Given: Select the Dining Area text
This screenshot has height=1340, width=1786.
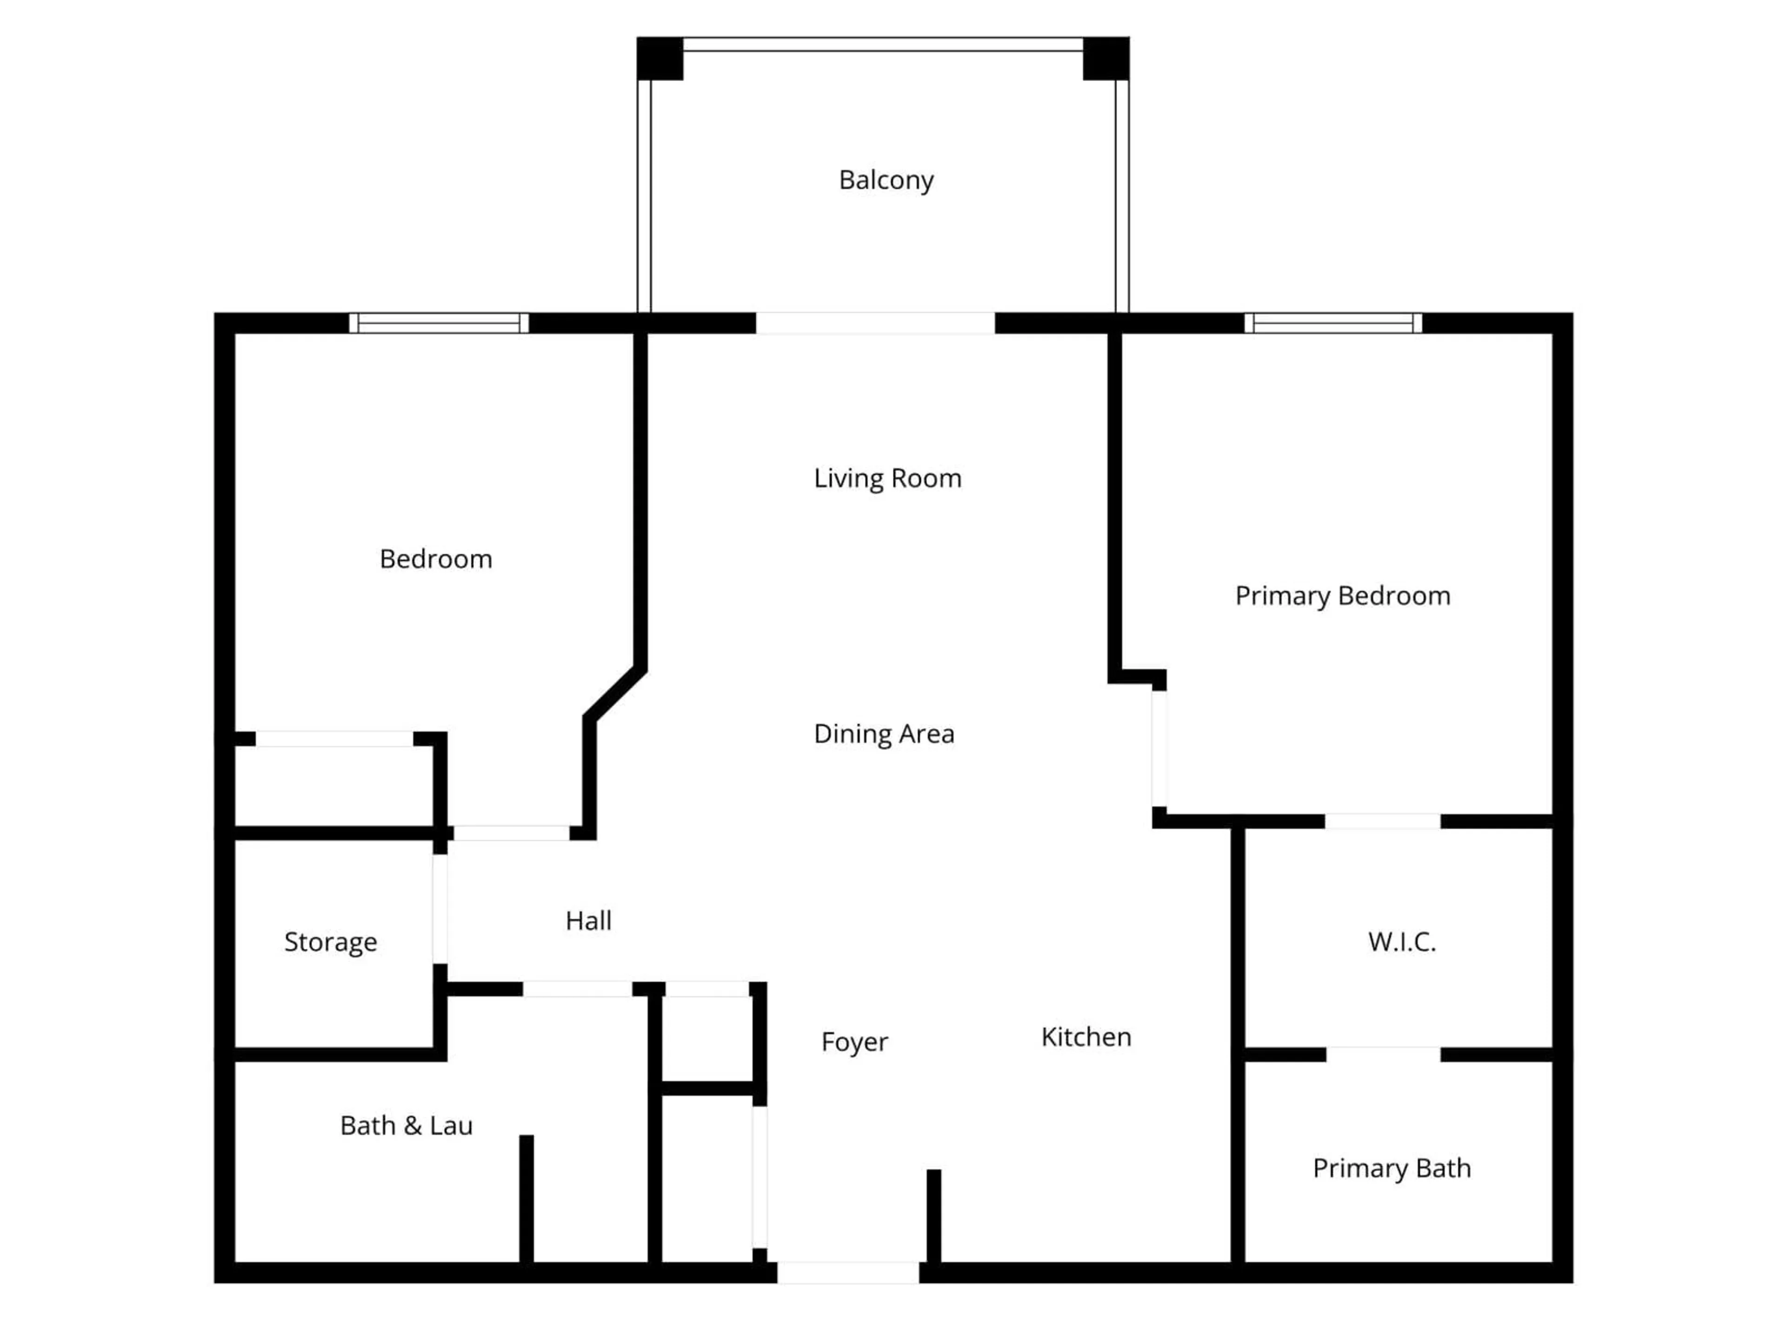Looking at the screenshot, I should [x=883, y=733].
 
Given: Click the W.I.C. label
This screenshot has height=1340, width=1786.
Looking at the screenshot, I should [x=1402, y=942].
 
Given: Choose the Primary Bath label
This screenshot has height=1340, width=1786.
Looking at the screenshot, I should [x=1391, y=1168].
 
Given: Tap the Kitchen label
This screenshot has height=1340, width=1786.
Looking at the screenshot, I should [x=1086, y=1037].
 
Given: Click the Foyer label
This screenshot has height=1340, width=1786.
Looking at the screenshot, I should [x=854, y=1042].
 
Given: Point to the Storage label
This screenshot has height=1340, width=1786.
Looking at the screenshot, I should [x=330, y=942].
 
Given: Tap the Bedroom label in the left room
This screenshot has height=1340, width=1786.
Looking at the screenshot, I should [x=435, y=559].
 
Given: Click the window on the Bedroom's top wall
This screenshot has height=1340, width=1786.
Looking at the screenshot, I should [x=439, y=323].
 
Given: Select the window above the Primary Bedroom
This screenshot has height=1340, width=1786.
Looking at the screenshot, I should [x=1333, y=323].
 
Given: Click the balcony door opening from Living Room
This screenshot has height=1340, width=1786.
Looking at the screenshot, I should [x=875, y=323].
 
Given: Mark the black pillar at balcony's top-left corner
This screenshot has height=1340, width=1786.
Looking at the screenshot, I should [x=660, y=58].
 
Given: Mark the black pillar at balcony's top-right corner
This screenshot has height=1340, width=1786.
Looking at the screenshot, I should [x=1106, y=58].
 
